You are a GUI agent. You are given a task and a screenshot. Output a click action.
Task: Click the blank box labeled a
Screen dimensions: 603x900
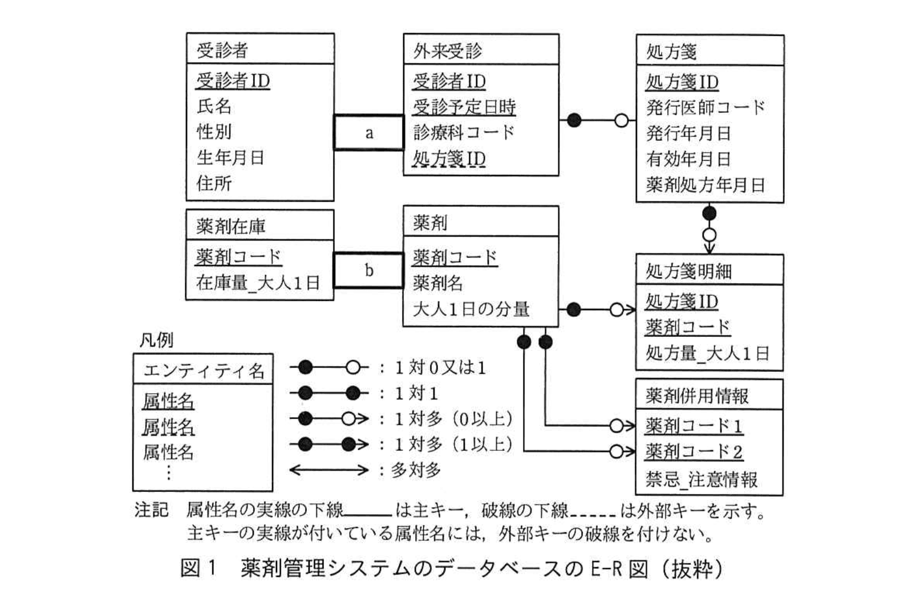tap(368, 133)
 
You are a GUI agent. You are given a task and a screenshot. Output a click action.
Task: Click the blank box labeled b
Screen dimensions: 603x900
tap(368, 270)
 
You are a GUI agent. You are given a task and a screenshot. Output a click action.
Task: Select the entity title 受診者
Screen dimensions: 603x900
tap(222, 50)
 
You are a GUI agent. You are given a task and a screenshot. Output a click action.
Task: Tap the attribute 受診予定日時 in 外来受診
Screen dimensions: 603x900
tap(464, 107)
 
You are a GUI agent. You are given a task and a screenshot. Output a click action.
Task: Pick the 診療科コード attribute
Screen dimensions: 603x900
tap(464, 132)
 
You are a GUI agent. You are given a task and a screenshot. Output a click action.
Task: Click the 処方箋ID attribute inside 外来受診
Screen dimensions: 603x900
tap(449, 158)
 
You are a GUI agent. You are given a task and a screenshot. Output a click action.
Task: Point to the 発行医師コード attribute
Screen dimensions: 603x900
tap(705, 107)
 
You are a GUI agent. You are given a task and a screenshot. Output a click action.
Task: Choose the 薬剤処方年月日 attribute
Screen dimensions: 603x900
tap(705, 185)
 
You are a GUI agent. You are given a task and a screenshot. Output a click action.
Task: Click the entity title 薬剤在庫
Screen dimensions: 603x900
tap(230, 226)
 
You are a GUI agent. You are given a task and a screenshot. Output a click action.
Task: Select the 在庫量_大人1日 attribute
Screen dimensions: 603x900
tap(258, 283)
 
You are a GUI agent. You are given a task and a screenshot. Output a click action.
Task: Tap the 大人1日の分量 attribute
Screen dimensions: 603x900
tap(471, 309)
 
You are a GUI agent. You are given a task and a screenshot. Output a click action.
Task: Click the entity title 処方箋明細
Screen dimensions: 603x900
tap(688, 271)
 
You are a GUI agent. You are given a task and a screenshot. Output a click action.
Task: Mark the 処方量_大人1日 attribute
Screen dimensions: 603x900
tap(707, 353)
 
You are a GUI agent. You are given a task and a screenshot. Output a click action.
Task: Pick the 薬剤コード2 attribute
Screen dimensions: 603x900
tap(694, 452)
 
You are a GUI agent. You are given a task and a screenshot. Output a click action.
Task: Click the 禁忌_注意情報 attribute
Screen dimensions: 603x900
tap(702, 479)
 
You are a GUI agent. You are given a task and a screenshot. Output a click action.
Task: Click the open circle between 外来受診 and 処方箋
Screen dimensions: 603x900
tap(621, 120)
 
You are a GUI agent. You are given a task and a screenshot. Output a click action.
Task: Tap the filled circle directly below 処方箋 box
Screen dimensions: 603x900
tap(709, 214)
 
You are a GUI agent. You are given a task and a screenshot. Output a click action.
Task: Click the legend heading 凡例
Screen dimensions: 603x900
tap(156, 340)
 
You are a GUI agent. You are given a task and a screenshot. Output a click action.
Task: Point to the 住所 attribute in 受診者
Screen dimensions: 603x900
tap(214, 183)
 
